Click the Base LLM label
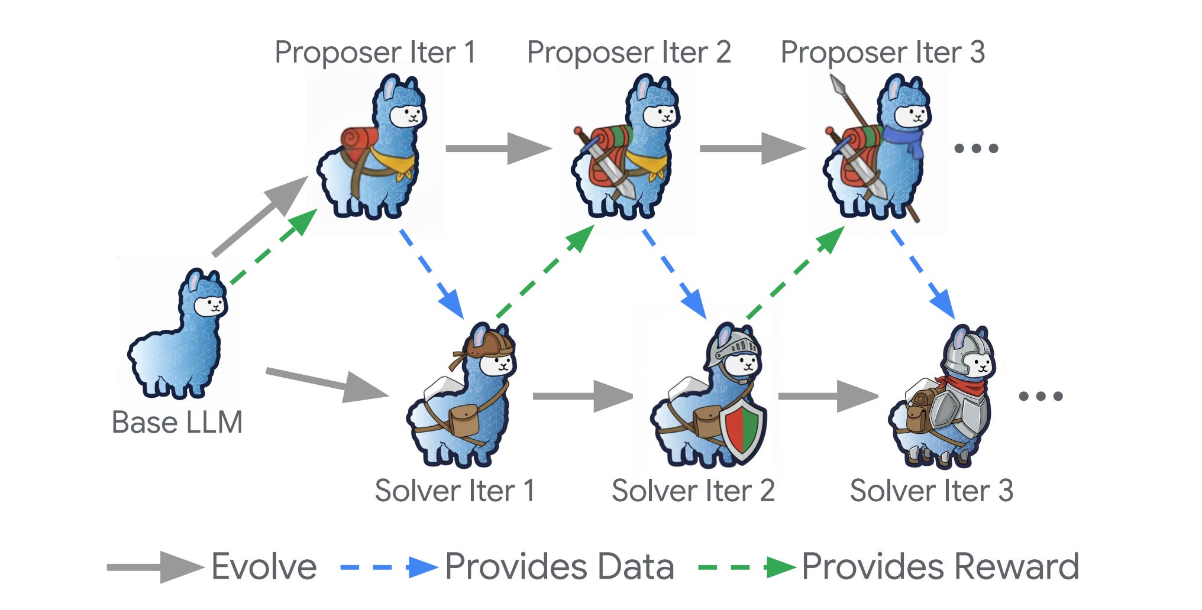(177, 422)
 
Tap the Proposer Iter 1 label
(375, 52)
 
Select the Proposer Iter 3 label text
(883, 52)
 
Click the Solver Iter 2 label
(693, 491)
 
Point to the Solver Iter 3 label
(932, 491)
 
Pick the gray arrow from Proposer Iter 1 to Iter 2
(498, 148)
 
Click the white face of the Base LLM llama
(210, 306)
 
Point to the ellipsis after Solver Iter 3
(1041, 396)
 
